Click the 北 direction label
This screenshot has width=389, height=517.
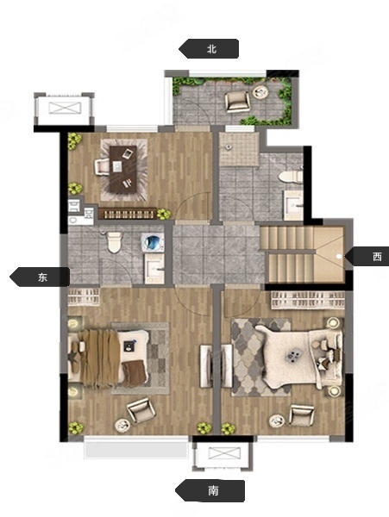pyautogui.click(x=211, y=49)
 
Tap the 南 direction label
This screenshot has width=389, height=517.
pyautogui.click(x=213, y=491)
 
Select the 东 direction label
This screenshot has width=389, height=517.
pyautogui.click(x=42, y=277)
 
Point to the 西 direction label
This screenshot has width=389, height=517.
pyautogui.click(x=377, y=257)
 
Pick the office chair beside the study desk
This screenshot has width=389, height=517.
pyautogui.click(x=102, y=166)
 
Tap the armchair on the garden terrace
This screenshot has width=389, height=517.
pyautogui.click(x=237, y=101)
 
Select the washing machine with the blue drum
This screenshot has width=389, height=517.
pyautogui.click(x=153, y=241)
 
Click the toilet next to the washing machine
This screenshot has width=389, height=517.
pyautogui.click(x=114, y=242)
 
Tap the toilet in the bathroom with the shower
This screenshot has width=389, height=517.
pyautogui.click(x=291, y=177)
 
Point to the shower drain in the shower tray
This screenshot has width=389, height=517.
pyautogui.click(x=227, y=147)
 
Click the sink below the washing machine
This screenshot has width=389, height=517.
pyautogui.click(x=154, y=269)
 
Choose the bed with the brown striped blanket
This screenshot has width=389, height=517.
pyautogui.click(x=108, y=358)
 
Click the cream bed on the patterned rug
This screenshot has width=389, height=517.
pyautogui.click(x=298, y=354)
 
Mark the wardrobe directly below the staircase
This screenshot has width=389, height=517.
pyautogui.click(x=308, y=300)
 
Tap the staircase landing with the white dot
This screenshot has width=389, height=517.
pyautogui.click(x=329, y=255)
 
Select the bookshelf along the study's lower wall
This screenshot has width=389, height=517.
pyautogui.click(x=127, y=214)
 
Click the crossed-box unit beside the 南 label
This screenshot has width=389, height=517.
pyautogui.click(x=224, y=454)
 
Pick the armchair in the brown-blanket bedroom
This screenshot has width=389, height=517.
pyautogui.click(x=141, y=410)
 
